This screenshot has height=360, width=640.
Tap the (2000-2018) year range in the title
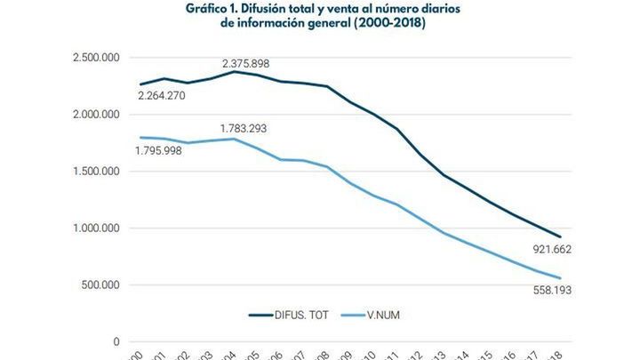(389, 24)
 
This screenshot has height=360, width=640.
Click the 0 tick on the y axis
(116, 342)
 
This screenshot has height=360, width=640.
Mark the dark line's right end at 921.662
(560, 237)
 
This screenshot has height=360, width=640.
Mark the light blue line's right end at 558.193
(560, 278)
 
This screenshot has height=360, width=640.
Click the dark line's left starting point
(140, 84)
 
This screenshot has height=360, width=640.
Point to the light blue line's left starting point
(140, 138)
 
